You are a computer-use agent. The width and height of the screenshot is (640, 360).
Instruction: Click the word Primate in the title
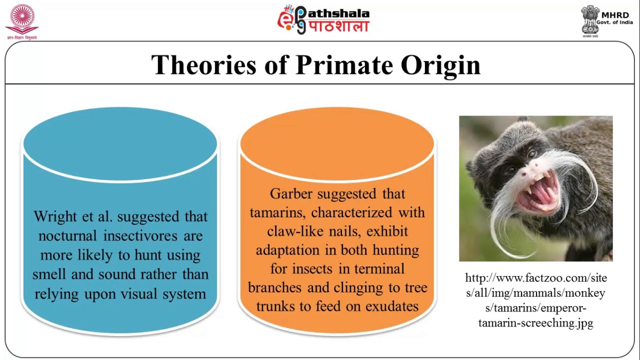344,65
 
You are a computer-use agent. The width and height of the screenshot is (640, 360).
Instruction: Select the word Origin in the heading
440,65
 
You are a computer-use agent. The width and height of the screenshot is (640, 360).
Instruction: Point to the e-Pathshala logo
323,19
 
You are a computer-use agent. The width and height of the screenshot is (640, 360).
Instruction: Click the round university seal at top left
21,19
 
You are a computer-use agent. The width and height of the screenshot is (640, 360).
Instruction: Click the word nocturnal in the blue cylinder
69,236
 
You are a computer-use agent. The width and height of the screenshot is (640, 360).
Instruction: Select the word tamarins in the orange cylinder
278,212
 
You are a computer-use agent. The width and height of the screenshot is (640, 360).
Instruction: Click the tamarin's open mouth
537,192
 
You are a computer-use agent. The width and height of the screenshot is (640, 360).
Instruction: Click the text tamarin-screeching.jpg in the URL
535,323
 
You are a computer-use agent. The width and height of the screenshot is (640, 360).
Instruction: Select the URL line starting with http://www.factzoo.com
535,278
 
